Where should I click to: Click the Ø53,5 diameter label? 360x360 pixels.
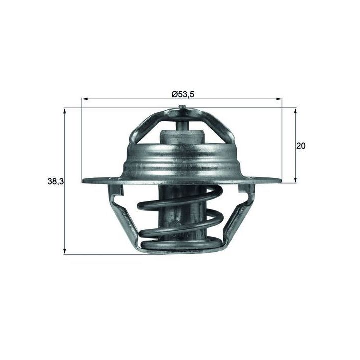pos(183,94)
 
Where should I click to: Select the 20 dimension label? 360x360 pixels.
pos(301,146)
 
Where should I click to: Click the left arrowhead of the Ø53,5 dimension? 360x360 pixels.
pos(85,99)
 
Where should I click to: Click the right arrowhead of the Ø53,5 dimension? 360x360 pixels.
pos(279,99)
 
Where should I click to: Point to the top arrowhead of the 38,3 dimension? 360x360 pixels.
pos(65,112)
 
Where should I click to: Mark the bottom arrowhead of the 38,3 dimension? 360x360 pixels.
pos(65,251)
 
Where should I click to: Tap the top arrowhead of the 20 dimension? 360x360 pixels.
pos(295,112)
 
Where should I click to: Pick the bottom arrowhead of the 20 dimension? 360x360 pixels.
pos(295,180)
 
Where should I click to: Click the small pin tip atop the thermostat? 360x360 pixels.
pos(182,107)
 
